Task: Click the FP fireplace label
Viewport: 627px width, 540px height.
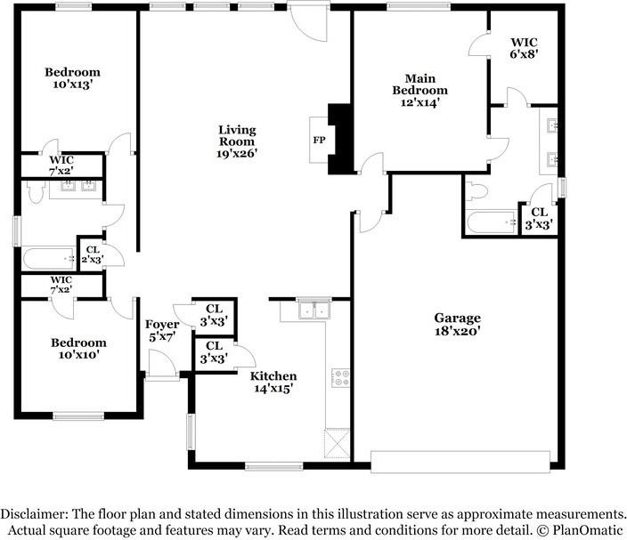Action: pos(319,141)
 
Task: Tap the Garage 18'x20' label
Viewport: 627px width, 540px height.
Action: pos(458,325)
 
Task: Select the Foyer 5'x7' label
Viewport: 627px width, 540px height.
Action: pos(162,331)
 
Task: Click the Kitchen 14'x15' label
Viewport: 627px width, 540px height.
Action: pos(273,382)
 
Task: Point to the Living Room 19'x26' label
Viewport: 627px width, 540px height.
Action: pos(237,141)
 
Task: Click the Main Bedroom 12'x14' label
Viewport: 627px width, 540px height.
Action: pos(419,90)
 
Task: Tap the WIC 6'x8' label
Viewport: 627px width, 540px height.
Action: pos(524,48)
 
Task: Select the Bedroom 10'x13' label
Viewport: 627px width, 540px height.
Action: pos(72,78)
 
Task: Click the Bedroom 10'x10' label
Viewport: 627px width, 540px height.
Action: pos(78,348)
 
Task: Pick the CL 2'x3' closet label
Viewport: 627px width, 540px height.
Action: pos(93,254)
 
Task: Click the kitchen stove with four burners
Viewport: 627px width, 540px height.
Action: pos(340,378)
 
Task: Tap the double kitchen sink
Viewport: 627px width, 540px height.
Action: pos(314,310)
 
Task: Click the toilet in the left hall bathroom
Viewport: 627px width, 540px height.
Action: pos(36,191)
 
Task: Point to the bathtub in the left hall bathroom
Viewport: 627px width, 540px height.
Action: pos(49,259)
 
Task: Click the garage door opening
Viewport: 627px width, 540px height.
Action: pos(460,462)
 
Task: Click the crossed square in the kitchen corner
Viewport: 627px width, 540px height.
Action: pos(337,443)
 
